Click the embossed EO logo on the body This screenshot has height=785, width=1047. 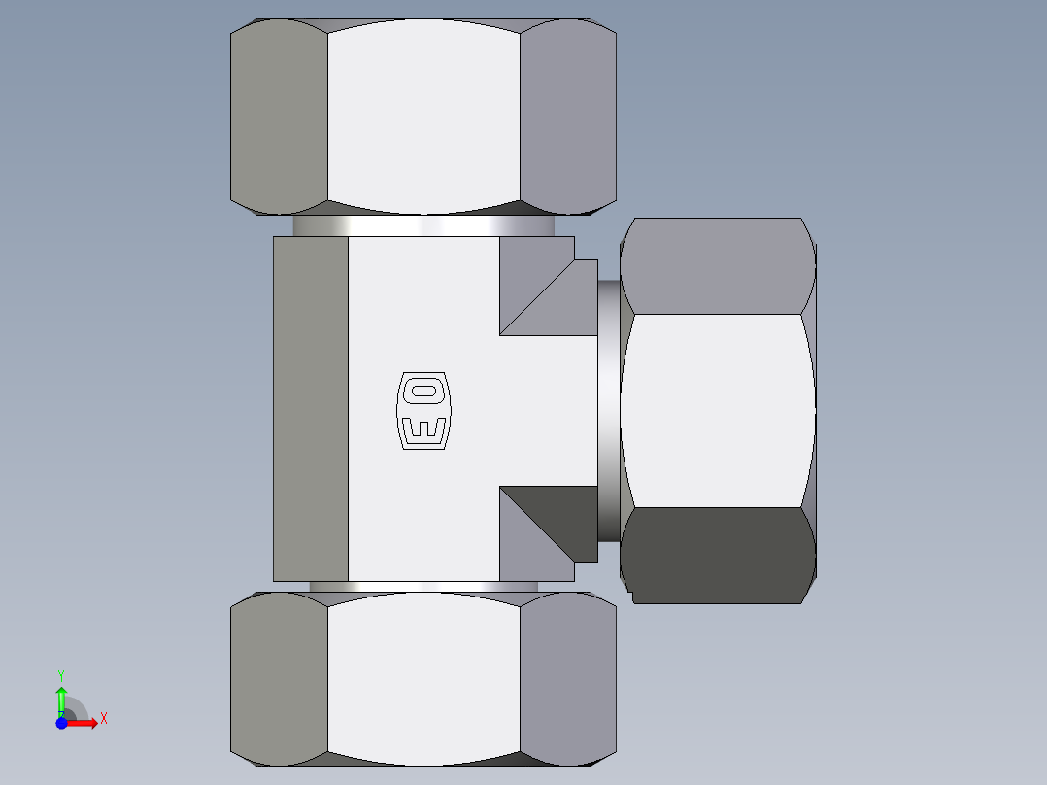tap(424, 410)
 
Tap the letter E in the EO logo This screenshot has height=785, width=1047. tap(424, 427)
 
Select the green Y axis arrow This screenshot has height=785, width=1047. tap(61, 698)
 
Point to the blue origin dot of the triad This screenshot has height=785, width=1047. tap(61, 723)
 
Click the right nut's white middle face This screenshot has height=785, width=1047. tap(717, 410)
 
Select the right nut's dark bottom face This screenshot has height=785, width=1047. tap(717, 554)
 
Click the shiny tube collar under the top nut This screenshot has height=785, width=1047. tap(423, 225)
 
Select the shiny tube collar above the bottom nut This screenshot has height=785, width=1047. tap(423, 587)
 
